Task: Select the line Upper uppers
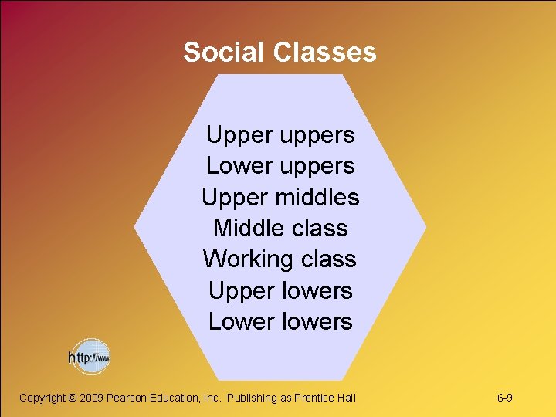(280, 135)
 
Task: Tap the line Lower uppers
(280, 166)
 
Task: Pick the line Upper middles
(280, 197)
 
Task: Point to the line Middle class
(280, 229)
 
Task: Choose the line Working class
(280, 259)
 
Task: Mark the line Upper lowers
(280, 291)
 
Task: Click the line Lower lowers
(280, 322)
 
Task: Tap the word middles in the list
(317, 197)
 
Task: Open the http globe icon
(90, 357)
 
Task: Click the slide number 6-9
(506, 398)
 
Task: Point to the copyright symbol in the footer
(73, 398)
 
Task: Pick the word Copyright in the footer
(42, 398)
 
